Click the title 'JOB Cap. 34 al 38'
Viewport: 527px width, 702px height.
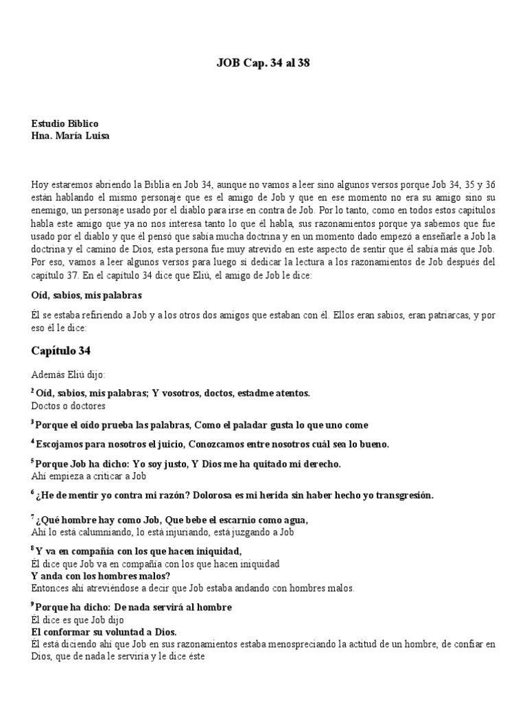click(x=263, y=62)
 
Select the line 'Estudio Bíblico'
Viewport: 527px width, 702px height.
click(x=65, y=123)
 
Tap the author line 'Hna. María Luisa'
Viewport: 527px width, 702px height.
click(x=70, y=135)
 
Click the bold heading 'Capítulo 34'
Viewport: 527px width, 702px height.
click(x=61, y=351)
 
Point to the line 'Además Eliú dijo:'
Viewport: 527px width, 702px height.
click(x=69, y=375)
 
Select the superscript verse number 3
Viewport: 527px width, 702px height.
click(x=33, y=422)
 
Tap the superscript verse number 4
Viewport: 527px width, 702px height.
click(x=33, y=441)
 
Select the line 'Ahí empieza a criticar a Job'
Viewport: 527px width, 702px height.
click(x=90, y=475)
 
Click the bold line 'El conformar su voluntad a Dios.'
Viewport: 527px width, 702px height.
click(x=104, y=632)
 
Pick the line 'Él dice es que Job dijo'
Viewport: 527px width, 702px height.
click(x=79, y=620)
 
